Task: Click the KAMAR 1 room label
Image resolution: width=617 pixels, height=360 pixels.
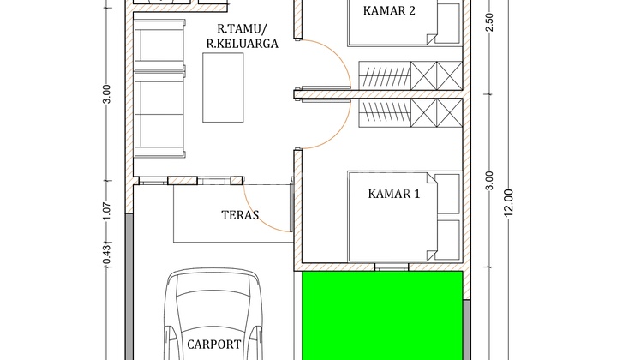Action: (394, 194)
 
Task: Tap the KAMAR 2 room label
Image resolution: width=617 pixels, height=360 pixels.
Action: (389, 10)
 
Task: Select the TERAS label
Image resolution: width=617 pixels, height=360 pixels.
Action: (240, 215)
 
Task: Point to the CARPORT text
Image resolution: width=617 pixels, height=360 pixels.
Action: (213, 345)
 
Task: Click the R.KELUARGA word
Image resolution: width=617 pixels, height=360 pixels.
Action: (242, 43)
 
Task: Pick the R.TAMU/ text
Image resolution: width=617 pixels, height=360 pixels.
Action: (242, 29)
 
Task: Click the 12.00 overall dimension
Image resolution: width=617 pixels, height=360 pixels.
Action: (509, 202)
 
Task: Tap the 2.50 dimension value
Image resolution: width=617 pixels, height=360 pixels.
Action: (490, 22)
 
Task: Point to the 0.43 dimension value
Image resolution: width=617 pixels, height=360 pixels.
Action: (107, 255)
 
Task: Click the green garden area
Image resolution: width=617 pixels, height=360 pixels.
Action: (382, 315)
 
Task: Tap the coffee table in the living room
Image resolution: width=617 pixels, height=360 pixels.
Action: (223, 87)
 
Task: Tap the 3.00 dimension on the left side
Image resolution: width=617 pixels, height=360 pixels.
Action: (107, 94)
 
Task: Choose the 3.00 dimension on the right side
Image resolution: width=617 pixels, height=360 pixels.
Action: (490, 181)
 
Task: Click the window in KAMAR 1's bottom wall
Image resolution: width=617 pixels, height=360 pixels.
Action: (392, 267)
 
